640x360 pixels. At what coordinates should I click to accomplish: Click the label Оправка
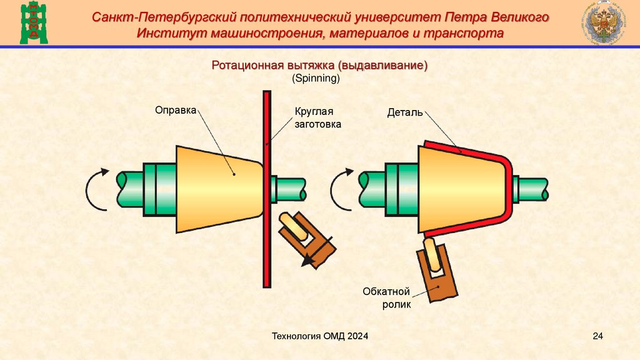(x=176, y=110)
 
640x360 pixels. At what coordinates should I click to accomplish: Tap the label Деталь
(x=405, y=113)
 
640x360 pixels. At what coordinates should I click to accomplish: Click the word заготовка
(x=318, y=124)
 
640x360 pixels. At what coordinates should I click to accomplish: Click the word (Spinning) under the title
(x=316, y=79)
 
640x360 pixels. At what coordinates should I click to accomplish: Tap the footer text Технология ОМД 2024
(x=320, y=337)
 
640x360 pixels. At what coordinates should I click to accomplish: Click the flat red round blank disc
(x=267, y=187)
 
